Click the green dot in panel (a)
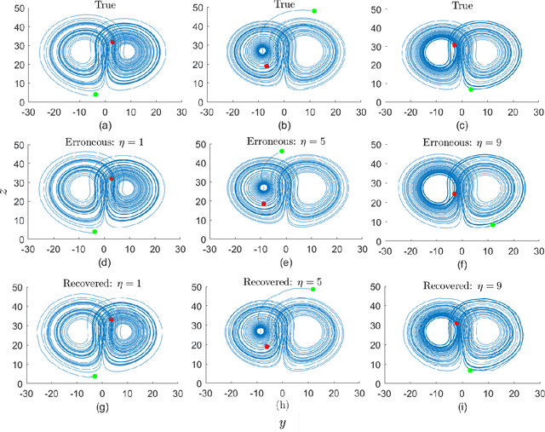[x=95, y=94]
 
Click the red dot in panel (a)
[x=112, y=41]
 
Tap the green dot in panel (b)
[x=314, y=11]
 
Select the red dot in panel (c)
[x=455, y=45]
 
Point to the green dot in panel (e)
[x=282, y=151]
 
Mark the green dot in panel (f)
[x=492, y=225]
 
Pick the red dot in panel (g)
[x=111, y=320]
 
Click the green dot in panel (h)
[x=313, y=290]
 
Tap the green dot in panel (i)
[x=470, y=371]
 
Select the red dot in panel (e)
[x=264, y=204]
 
